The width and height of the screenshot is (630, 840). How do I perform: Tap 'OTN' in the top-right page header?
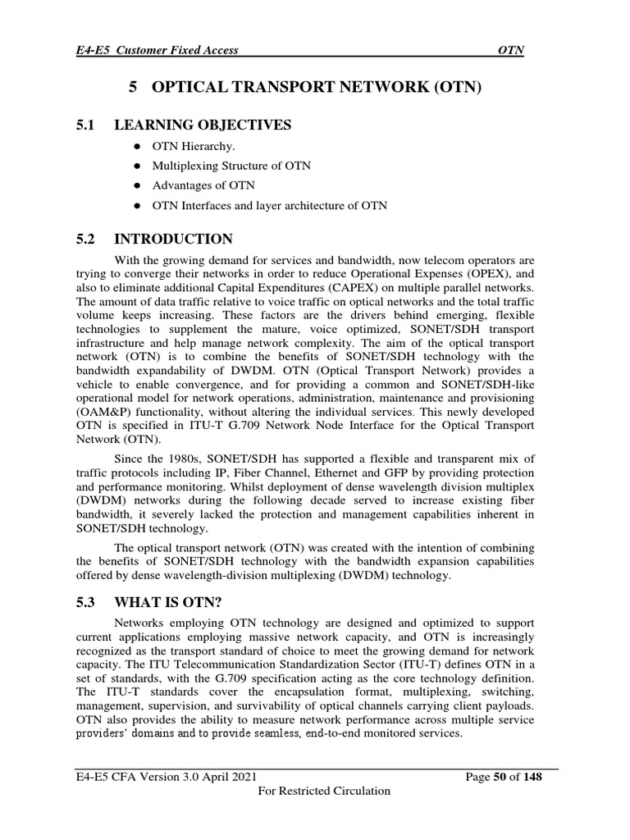click(x=511, y=50)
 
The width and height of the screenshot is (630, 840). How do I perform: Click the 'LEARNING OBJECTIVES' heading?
click(x=202, y=125)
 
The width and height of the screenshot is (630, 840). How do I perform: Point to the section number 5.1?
click(x=85, y=125)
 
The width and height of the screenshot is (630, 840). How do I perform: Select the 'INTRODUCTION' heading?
click(x=173, y=240)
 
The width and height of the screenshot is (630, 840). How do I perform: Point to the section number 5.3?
click(x=85, y=601)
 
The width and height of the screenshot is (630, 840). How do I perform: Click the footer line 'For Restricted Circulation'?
click(x=324, y=791)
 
